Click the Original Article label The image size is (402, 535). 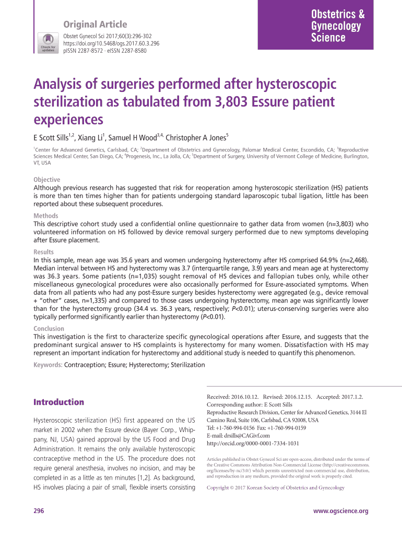pos(94,25)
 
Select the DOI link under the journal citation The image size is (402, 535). pos(111,43)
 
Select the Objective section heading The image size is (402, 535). pos(47,179)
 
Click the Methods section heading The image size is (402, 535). pos(46,215)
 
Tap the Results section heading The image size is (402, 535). pos(44,252)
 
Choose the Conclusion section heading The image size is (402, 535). pos(49,329)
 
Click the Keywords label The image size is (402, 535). pos(48,365)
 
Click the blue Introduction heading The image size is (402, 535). pos(58,402)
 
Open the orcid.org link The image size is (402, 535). pos(253,443)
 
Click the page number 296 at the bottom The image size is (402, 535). pos(38,511)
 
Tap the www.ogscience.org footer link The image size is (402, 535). pos(340,511)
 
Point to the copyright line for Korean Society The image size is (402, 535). pos(276,487)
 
